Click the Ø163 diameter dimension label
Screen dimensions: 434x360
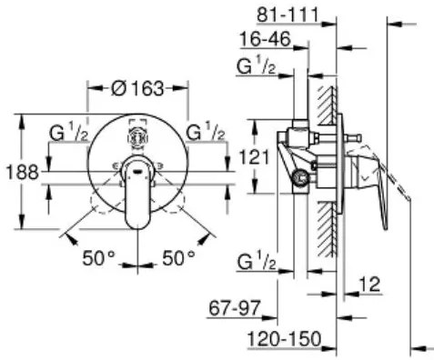click(137, 88)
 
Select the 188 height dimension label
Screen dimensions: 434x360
click(23, 172)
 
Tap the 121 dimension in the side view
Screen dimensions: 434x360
click(254, 157)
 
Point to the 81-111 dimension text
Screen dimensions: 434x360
click(288, 15)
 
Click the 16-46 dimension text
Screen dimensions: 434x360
click(266, 39)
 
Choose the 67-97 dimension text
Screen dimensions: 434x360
click(235, 308)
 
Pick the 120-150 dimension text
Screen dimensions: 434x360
click(285, 338)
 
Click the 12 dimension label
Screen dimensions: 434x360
click(369, 285)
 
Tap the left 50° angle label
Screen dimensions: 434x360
click(99, 258)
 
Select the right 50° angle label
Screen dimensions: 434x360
click(179, 258)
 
